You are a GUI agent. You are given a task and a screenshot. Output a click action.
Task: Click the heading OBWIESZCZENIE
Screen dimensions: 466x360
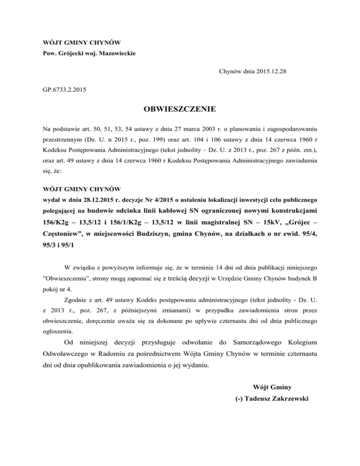pos(180,110)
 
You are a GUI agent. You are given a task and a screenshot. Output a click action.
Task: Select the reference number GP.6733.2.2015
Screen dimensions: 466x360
pos(64,88)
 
